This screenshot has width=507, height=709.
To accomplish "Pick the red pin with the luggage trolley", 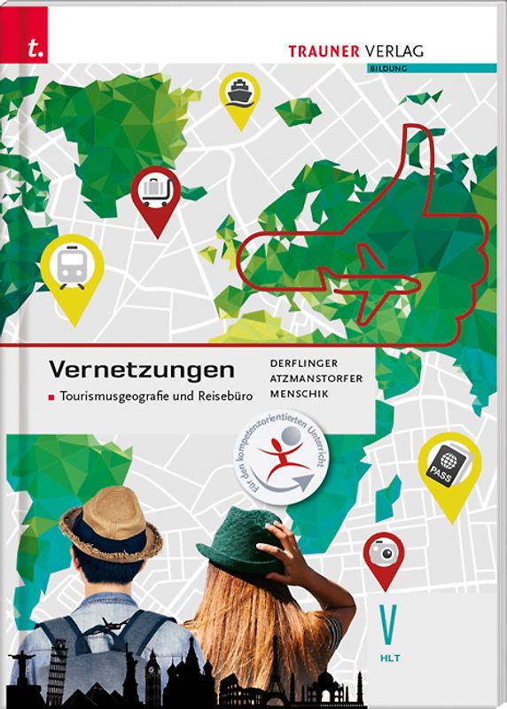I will (156, 192).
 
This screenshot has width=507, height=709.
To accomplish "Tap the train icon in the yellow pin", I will (72, 261).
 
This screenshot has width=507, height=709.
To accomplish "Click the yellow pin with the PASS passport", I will (449, 468).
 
